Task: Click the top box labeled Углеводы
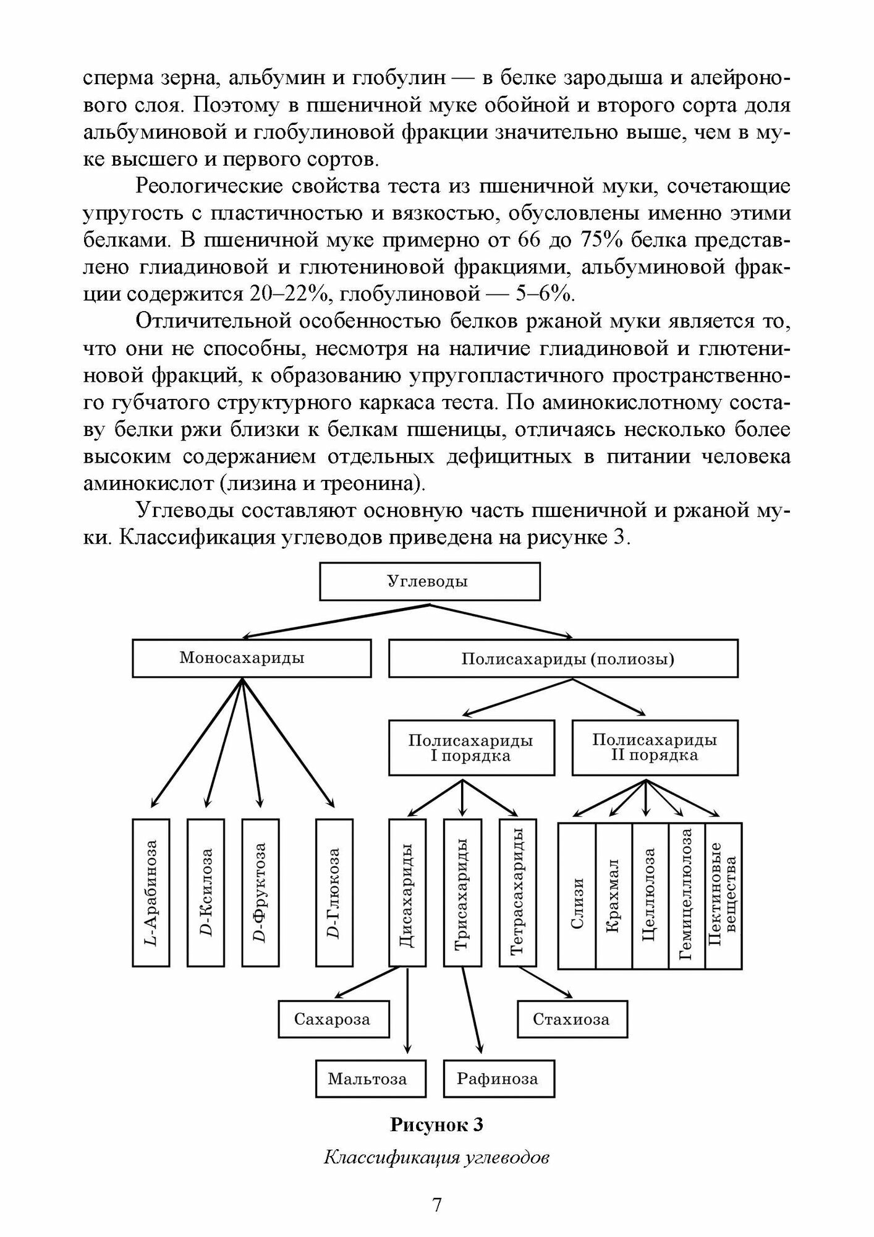(430, 581)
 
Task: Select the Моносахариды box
(252, 658)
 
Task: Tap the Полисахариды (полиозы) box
(563, 658)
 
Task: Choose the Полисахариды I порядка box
(471, 747)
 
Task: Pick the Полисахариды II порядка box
(655, 747)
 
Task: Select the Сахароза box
(334, 1019)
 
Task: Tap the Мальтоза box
(370, 1079)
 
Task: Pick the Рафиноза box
(499, 1079)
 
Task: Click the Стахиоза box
(572, 1019)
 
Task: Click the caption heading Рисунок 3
(436, 1125)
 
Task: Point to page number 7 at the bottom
(436, 1204)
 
